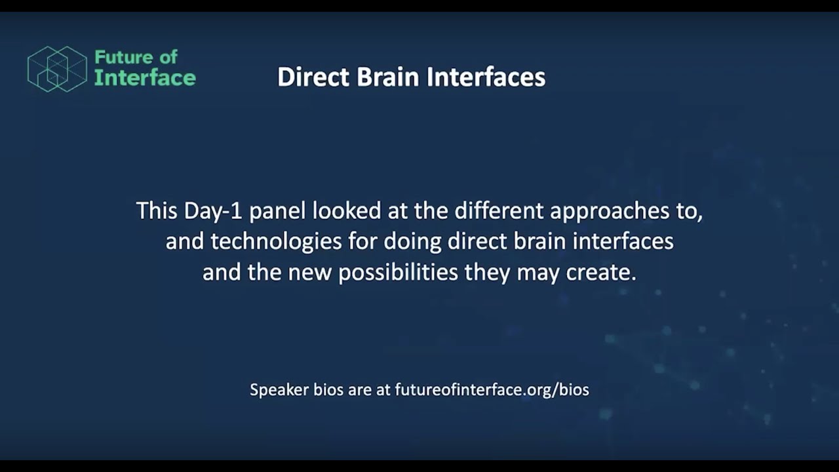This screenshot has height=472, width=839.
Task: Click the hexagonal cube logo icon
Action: tap(57, 69)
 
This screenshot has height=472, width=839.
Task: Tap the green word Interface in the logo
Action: tap(145, 78)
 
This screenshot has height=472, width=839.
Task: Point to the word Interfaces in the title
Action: tap(486, 77)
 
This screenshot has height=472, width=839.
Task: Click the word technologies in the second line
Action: tap(276, 242)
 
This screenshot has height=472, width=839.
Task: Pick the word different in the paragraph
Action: tap(499, 211)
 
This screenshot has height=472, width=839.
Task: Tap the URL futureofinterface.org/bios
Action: tap(492, 390)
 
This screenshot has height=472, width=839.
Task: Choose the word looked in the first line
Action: tap(347, 211)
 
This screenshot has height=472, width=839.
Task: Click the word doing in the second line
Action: tap(412, 242)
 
